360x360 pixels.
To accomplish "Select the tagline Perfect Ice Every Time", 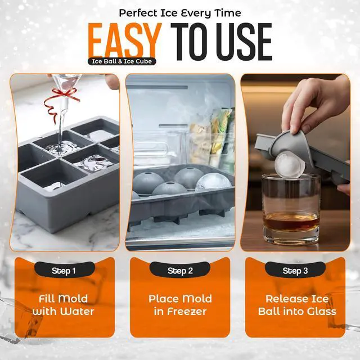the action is click(x=180, y=13).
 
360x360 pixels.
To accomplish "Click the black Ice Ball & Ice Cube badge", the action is click(x=122, y=61).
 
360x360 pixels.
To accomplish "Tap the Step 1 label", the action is click(x=64, y=271).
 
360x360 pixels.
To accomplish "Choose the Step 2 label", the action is click(x=180, y=271).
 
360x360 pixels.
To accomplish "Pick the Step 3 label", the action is click(x=295, y=271).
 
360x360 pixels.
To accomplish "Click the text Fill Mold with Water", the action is click(x=64, y=305).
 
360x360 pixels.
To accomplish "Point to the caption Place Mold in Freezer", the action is click(x=180, y=305).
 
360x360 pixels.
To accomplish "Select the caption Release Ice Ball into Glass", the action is click(x=297, y=305).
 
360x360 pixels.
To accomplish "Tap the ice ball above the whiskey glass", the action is click(x=290, y=165).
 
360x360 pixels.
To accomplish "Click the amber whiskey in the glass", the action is click(x=291, y=221).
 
